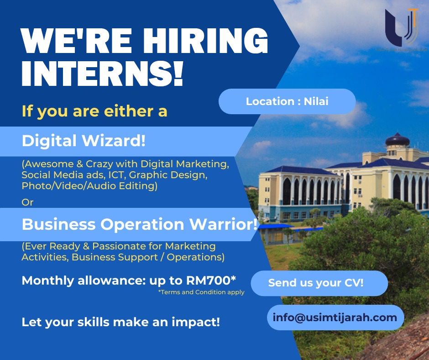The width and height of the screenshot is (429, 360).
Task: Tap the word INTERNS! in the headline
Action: (102, 73)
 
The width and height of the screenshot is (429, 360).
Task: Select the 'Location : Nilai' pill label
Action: (287, 101)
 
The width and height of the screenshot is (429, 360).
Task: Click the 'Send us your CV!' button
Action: (319, 283)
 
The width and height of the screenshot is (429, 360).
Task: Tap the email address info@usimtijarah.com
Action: (335, 317)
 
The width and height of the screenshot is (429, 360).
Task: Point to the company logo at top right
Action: (402, 27)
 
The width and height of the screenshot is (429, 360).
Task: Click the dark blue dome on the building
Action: (397, 140)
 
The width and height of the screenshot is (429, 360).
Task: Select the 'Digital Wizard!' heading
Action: (84, 141)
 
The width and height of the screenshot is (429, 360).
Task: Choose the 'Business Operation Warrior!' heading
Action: (140, 224)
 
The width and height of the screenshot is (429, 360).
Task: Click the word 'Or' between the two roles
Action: (27, 202)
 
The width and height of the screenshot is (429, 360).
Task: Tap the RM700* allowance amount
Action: (211, 280)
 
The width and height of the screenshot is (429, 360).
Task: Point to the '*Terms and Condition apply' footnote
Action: (201, 292)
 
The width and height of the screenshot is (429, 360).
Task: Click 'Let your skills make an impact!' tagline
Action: (120, 322)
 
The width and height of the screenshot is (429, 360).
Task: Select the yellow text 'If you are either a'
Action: (94, 111)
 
